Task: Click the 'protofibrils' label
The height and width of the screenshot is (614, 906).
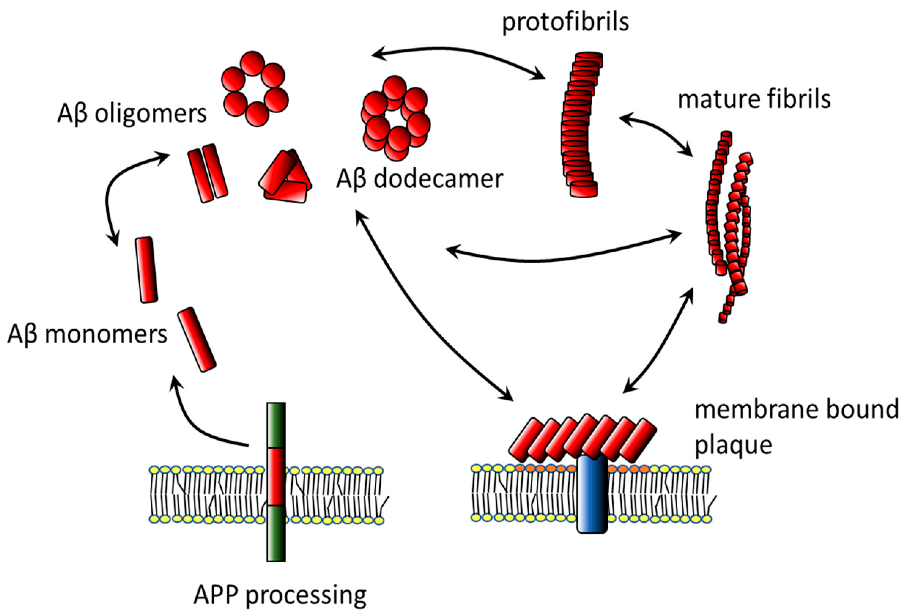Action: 565,22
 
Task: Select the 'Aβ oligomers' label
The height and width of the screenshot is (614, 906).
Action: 132,114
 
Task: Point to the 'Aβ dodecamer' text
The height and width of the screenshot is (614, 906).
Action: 419,179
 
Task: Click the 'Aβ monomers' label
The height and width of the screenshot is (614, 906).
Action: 87,334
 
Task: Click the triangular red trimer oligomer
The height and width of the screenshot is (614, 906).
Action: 285,177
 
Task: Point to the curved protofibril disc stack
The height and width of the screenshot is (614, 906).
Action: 579,125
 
